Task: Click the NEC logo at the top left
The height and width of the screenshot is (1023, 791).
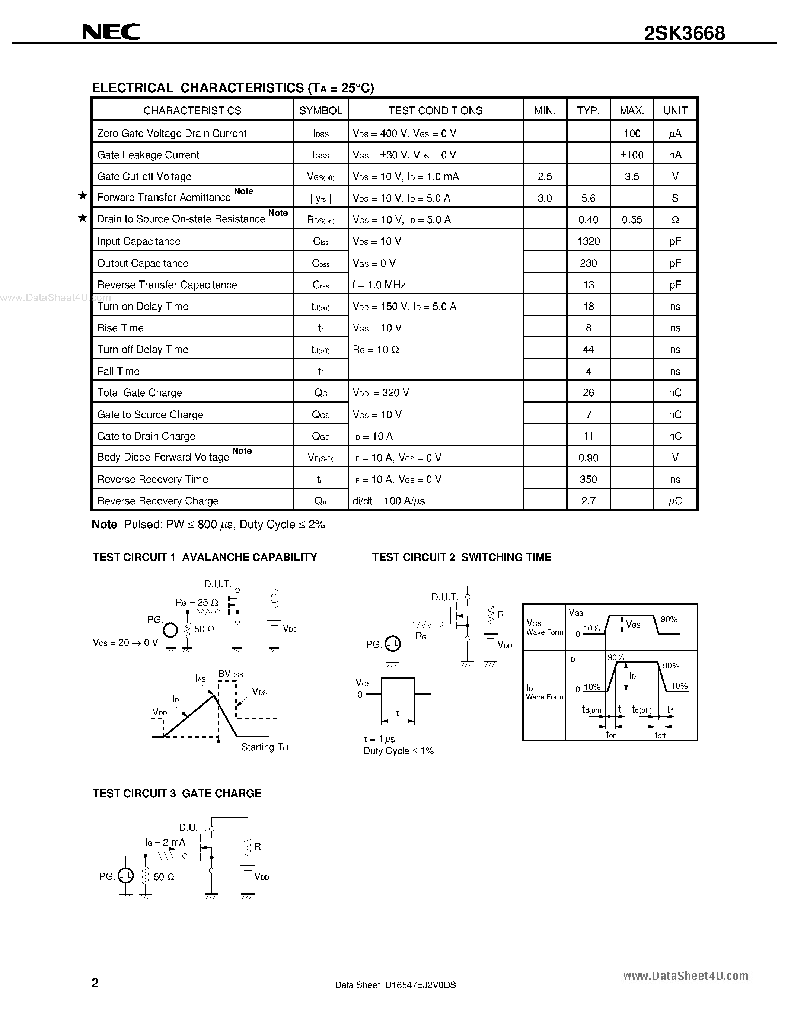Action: (x=111, y=32)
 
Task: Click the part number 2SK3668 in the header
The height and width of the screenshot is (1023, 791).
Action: (x=684, y=33)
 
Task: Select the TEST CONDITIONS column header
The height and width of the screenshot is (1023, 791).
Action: (x=436, y=110)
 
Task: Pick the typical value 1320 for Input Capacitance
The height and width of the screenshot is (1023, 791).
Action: (x=588, y=241)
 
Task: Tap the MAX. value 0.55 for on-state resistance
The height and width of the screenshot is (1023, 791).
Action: (x=632, y=220)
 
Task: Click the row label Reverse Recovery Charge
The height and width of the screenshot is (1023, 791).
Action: (x=158, y=501)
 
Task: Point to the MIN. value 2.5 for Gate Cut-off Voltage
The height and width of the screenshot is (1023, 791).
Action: (x=545, y=177)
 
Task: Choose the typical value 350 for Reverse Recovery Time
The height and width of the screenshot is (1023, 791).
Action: (x=588, y=479)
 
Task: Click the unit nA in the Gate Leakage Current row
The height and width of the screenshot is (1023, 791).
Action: (x=675, y=155)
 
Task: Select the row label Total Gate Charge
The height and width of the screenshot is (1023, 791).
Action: (x=140, y=392)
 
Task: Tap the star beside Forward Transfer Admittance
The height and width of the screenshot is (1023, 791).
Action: (x=83, y=196)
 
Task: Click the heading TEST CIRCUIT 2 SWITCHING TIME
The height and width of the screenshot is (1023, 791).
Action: (x=462, y=557)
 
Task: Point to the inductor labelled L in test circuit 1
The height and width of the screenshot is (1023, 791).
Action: (x=275, y=599)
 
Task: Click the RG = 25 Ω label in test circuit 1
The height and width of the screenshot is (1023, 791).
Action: (x=197, y=602)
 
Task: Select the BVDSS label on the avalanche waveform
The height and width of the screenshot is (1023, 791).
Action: (x=230, y=674)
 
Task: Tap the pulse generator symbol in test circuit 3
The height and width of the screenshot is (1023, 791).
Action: (x=125, y=875)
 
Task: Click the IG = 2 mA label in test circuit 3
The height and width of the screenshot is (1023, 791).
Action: (x=165, y=842)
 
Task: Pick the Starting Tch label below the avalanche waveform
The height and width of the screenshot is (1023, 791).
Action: (x=266, y=747)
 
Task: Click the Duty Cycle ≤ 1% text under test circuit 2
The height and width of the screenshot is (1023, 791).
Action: (x=398, y=751)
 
